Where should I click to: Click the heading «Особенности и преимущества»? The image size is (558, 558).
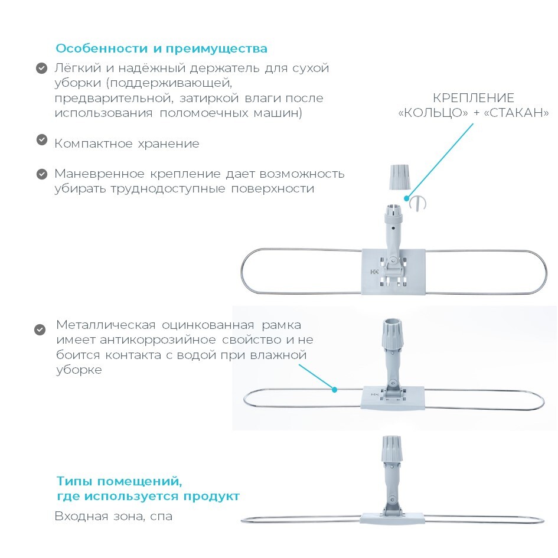(x=161, y=48)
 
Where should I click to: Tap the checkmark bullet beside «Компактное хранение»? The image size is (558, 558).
(x=42, y=139)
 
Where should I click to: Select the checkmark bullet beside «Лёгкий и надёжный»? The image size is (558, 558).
(x=42, y=68)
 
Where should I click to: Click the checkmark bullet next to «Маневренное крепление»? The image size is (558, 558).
(x=42, y=174)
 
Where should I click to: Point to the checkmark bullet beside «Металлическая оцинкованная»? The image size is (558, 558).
(x=40, y=330)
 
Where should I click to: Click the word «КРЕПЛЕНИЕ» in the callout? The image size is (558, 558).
(x=474, y=98)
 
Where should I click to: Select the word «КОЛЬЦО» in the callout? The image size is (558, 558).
(x=433, y=113)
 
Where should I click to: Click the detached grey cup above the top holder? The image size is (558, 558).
(x=400, y=177)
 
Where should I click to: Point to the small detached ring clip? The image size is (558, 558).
(x=418, y=204)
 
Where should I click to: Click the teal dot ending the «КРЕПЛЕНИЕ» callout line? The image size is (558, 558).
(x=407, y=198)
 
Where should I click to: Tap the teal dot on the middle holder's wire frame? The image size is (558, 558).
(x=335, y=390)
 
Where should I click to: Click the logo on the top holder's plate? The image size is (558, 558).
(x=374, y=272)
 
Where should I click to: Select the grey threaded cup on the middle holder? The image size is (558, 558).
(x=392, y=334)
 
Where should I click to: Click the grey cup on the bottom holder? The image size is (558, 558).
(x=392, y=449)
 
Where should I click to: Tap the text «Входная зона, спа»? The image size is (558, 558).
(x=113, y=516)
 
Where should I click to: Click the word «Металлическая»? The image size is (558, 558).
(x=106, y=325)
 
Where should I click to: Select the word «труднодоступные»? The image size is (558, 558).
(x=167, y=188)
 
